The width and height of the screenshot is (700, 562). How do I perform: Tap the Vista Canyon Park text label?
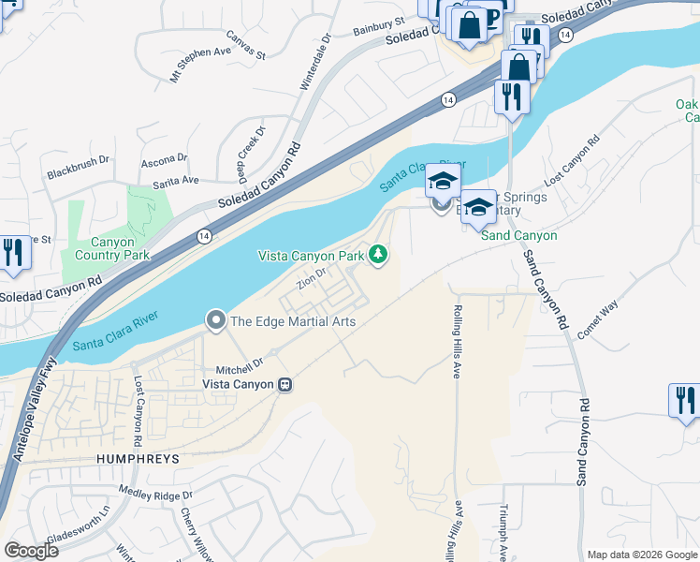[311, 256]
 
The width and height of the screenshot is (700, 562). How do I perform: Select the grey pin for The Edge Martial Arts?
[216, 321]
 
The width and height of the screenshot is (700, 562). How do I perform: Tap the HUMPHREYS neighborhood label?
[136, 459]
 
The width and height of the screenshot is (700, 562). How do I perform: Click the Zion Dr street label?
[312, 279]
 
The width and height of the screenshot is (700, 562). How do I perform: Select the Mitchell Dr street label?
[239, 362]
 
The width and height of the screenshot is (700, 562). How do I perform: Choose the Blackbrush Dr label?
[79, 174]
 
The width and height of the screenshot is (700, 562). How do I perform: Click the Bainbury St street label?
[378, 26]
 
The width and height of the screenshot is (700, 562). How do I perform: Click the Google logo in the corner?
[31, 551]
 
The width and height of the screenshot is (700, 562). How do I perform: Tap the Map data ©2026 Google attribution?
[641, 555]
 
